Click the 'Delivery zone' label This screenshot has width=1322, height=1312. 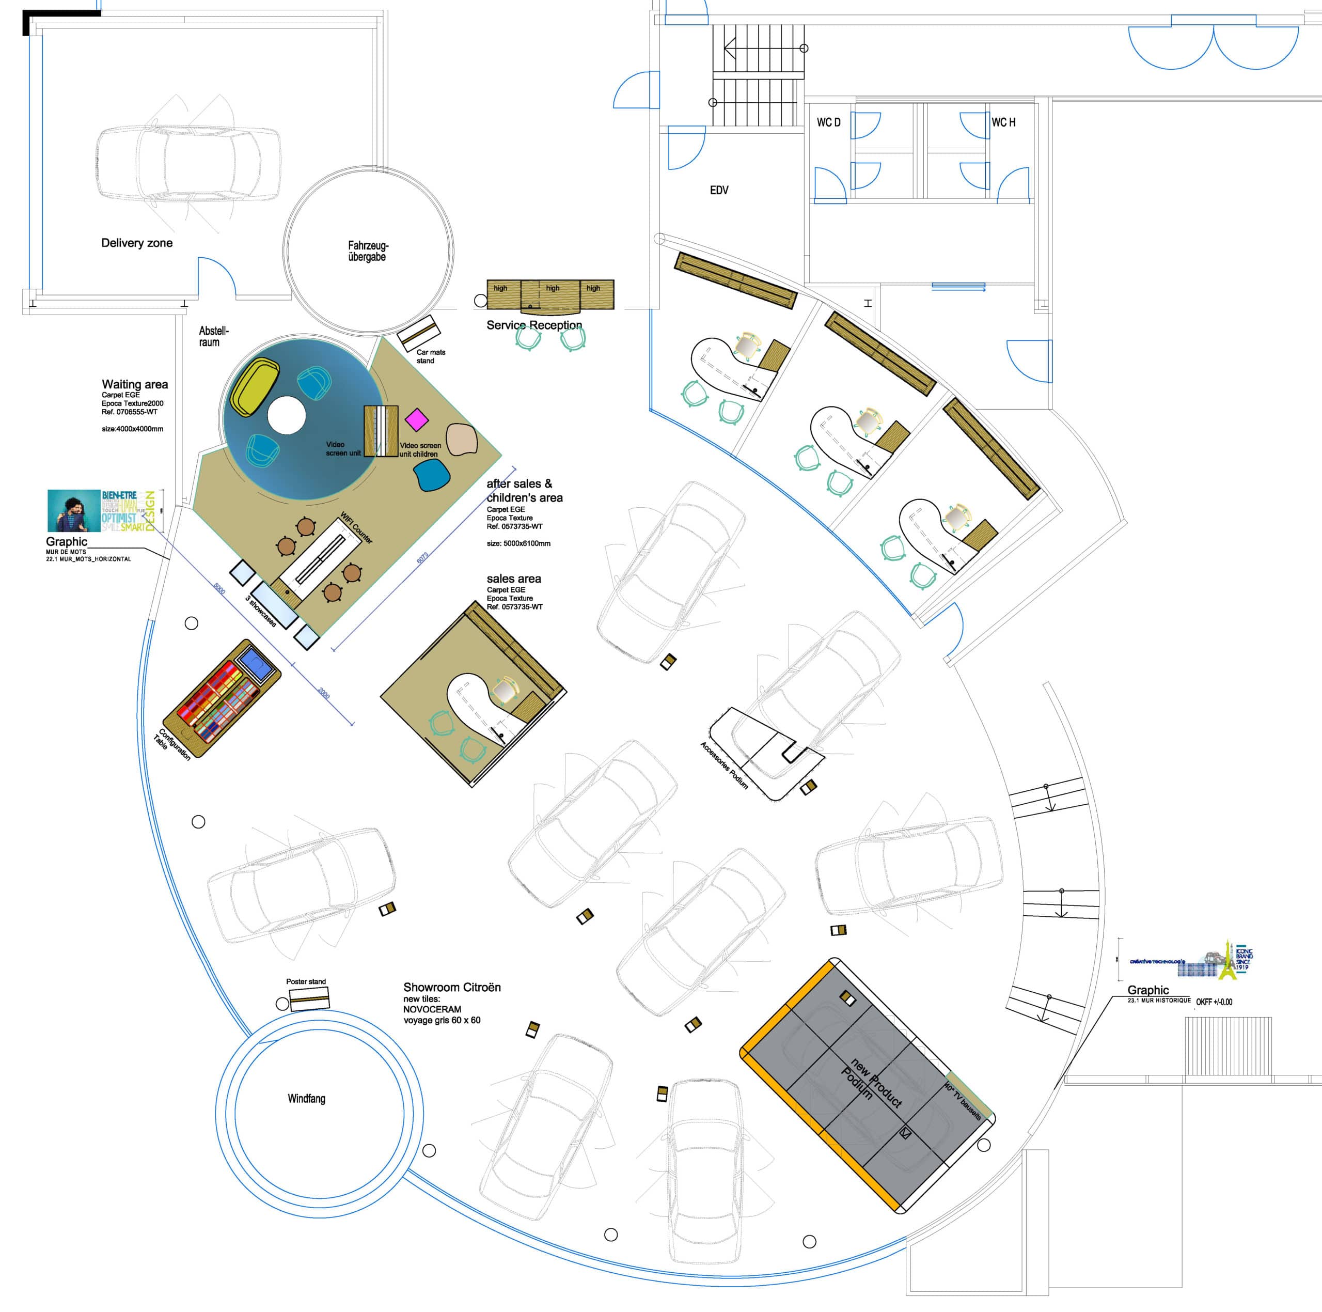click(x=137, y=243)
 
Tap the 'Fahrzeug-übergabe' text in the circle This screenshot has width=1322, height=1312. click(x=368, y=251)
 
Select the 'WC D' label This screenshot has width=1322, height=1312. click(x=829, y=122)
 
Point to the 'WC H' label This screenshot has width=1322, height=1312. click(x=1003, y=122)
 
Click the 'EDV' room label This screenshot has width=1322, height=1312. click(x=719, y=190)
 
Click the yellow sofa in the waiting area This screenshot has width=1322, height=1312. click(x=256, y=387)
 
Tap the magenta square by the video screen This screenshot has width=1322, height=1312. click(x=416, y=418)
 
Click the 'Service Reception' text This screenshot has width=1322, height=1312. click(x=534, y=325)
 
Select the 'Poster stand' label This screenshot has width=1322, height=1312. click(x=306, y=981)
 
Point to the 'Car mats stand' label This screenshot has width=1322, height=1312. click(x=430, y=356)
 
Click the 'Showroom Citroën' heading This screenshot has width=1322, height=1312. click(x=452, y=988)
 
